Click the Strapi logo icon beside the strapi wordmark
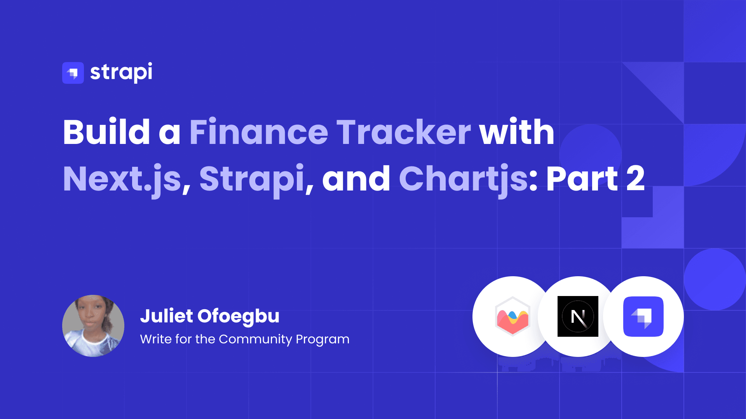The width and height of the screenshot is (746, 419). tap(73, 73)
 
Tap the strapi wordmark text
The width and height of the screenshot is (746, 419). tap(121, 73)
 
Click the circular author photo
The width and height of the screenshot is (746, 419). tap(93, 326)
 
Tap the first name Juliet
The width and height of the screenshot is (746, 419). tap(166, 316)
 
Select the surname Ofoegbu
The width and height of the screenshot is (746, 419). tap(239, 317)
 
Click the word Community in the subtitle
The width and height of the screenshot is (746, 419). tap(255, 339)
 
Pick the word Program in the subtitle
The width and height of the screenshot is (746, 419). tap(322, 340)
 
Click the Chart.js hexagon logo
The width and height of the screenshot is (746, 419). tap(512, 317)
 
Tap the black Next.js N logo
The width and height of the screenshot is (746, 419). tap(578, 317)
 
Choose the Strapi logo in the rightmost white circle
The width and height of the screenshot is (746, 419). tap(643, 317)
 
